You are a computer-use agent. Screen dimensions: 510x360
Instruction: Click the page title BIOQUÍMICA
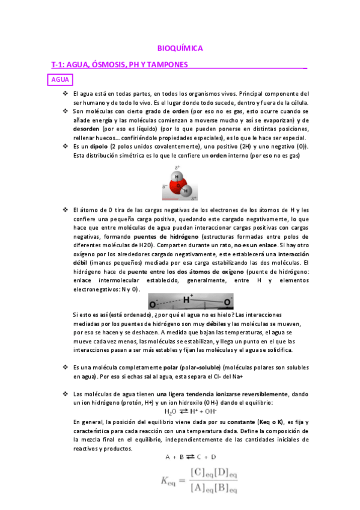180,48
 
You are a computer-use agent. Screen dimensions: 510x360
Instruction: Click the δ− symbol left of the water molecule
165,187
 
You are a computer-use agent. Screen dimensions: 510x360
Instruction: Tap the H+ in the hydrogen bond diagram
188,298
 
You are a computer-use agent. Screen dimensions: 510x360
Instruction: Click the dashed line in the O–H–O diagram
169,301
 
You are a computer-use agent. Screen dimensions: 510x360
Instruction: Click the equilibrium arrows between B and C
186,458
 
